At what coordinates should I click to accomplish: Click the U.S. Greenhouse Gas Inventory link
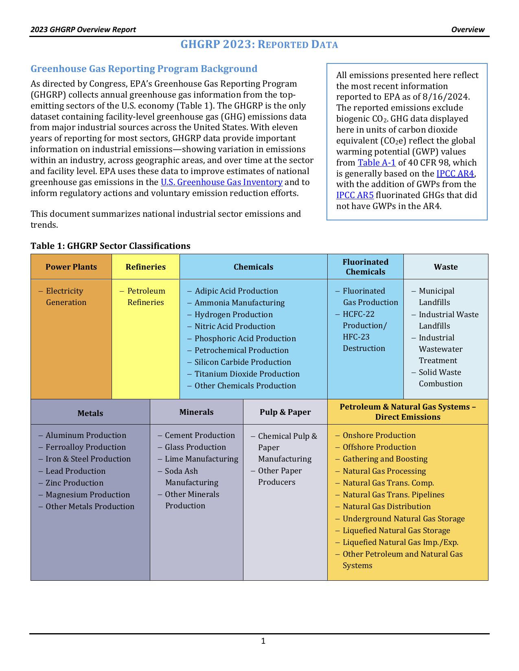(221, 182)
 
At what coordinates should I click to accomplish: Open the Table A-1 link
(377, 163)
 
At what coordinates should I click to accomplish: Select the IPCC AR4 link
(455, 174)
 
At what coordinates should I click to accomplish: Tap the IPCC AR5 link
(355, 195)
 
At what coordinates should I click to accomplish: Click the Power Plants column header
(71, 267)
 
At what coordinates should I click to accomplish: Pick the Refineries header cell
(145, 267)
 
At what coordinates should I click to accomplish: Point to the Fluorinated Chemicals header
(365, 267)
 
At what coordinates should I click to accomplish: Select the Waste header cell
(446, 267)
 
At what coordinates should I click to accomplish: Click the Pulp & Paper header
(285, 412)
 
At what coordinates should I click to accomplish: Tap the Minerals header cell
(196, 412)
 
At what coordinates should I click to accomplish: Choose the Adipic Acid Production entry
(236, 291)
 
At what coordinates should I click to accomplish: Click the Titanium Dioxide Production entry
(247, 374)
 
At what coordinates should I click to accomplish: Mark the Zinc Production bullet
(74, 483)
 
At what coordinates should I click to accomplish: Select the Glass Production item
(195, 447)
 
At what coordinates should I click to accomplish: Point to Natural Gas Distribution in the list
(386, 506)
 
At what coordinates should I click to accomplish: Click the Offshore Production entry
(379, 447)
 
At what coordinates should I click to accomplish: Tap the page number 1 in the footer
(263, 641)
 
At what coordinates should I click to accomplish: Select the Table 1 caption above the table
(110, 246)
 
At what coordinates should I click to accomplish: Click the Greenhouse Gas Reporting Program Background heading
(144, 69)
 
